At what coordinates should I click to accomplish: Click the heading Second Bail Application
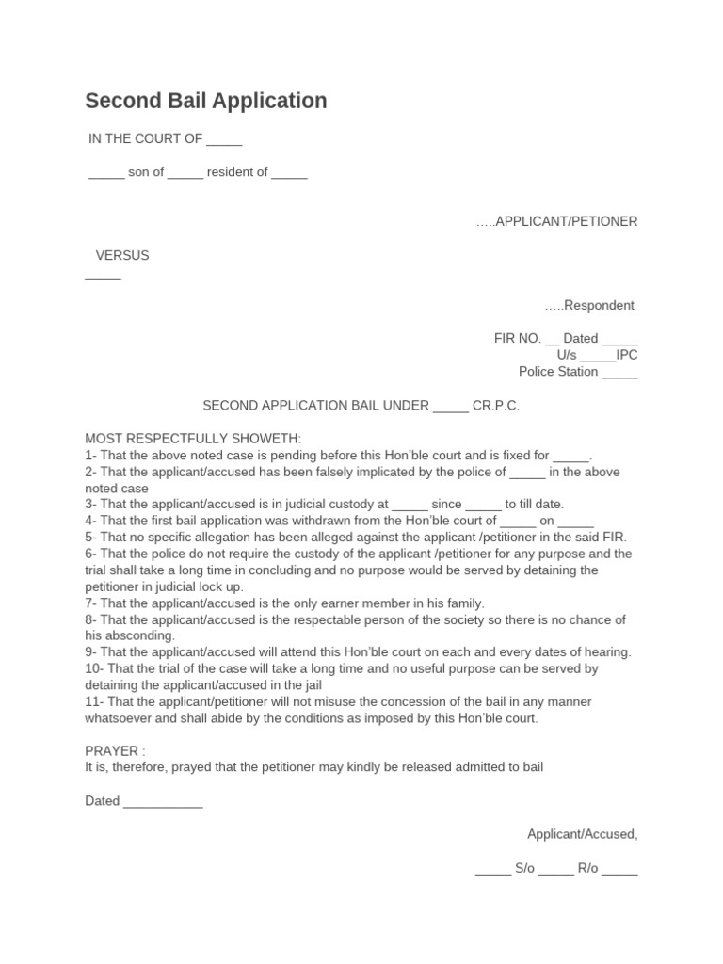click(206, 101)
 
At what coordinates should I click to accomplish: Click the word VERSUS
click(122, 255)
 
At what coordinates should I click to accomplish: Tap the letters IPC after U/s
click(627, 355)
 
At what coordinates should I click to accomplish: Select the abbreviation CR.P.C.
click(496, 406)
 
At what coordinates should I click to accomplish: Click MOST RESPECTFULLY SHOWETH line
click(193, 439)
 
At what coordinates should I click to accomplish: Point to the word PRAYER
click(112, 750)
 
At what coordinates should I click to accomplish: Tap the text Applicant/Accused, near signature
click(582, 834)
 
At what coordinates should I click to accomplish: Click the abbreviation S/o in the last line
click(524, 869)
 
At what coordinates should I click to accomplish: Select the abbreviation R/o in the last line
click(588, 869)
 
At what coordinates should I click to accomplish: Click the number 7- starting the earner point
click(90, 602)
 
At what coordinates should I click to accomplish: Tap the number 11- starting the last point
click(94, 701)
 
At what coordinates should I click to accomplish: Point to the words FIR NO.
click(517, 339)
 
